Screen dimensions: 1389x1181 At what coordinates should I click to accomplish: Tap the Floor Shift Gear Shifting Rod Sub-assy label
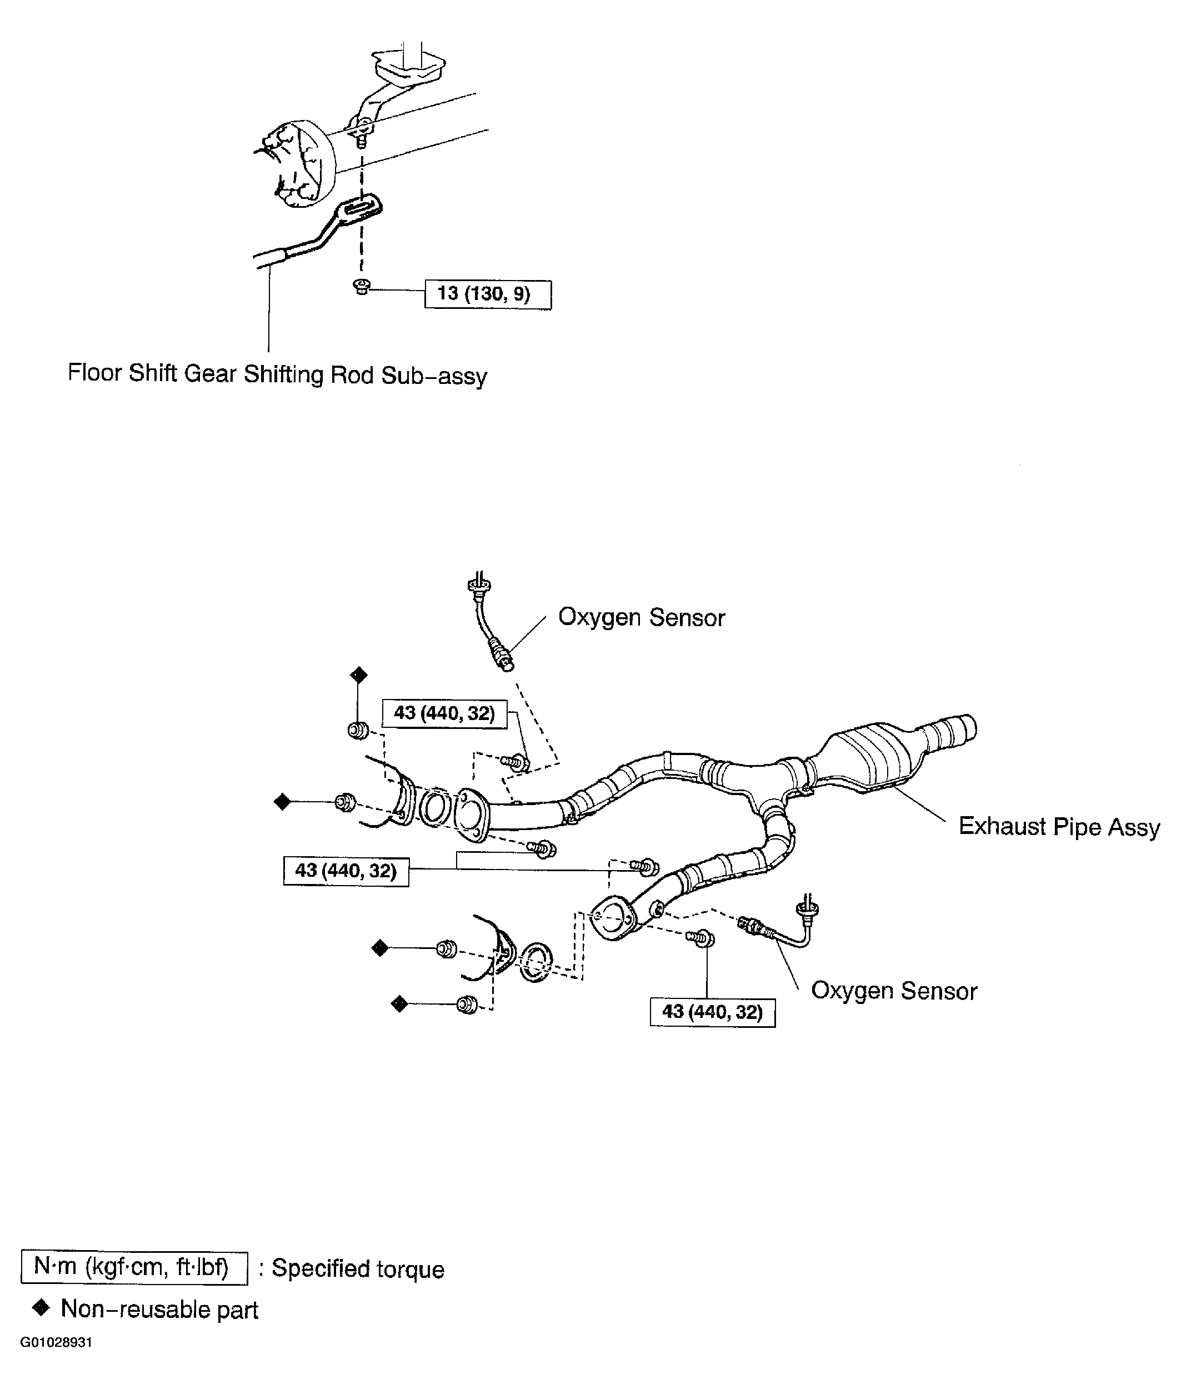(x=277, y=374)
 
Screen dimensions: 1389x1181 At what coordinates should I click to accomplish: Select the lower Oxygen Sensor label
(x=893, y=991)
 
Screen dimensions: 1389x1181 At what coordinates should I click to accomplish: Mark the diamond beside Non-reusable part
(x=42, y=1308)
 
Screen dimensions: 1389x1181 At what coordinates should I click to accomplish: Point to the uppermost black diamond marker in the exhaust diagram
(x=359, y=674)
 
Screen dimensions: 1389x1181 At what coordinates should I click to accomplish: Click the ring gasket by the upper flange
(x=434, y=806)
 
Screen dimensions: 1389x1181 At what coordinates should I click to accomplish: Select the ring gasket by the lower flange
(x=536, y=962)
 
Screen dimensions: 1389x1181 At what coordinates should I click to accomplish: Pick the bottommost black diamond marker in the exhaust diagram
(x=399, y=1004)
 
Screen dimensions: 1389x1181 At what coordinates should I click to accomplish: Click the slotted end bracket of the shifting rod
(x=363, y=206)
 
